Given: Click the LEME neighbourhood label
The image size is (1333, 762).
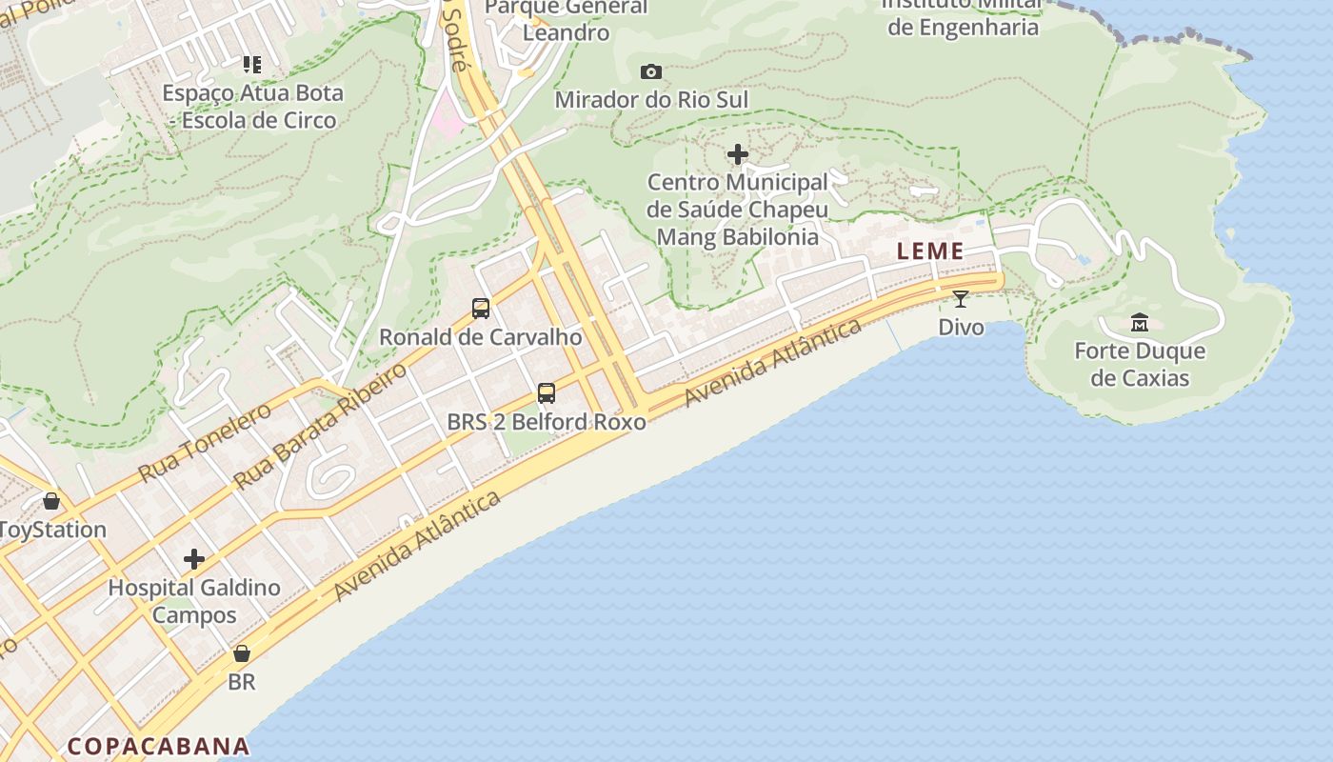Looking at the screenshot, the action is (x=930, y=251).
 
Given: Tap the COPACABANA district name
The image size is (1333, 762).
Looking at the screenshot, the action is (x=158, y=746).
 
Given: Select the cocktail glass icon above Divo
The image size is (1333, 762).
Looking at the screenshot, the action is (x=960, y=299).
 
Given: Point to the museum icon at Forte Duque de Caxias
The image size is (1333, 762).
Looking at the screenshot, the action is (x=1140, y=323).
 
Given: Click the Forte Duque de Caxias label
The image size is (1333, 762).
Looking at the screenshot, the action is (x=1140, y=364).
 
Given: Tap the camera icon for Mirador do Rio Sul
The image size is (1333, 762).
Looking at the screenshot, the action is (x=651, y=71).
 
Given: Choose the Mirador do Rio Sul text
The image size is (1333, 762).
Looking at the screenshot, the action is (x=651, y=99).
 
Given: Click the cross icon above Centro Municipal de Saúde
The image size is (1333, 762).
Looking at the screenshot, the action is (x=737, y=154).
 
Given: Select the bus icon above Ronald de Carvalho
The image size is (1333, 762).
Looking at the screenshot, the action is (x=481, y=309).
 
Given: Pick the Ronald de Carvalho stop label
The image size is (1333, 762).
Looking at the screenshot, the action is (x=480, y=336).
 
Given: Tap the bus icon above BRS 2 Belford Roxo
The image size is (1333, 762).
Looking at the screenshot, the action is (x=547, y=393).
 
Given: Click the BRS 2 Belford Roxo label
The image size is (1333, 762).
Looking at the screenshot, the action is (x=547, y=421).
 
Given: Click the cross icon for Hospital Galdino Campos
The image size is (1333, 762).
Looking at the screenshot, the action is (x=194, y=559).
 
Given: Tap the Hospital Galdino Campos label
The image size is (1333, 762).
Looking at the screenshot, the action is (x=194, y=600).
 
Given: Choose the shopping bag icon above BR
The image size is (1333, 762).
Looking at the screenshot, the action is (x=242, y=654).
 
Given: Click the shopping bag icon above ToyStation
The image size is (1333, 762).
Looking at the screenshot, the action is (x=51, y=501).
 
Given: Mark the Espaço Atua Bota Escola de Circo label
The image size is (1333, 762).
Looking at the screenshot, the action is (x=253, y=107).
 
